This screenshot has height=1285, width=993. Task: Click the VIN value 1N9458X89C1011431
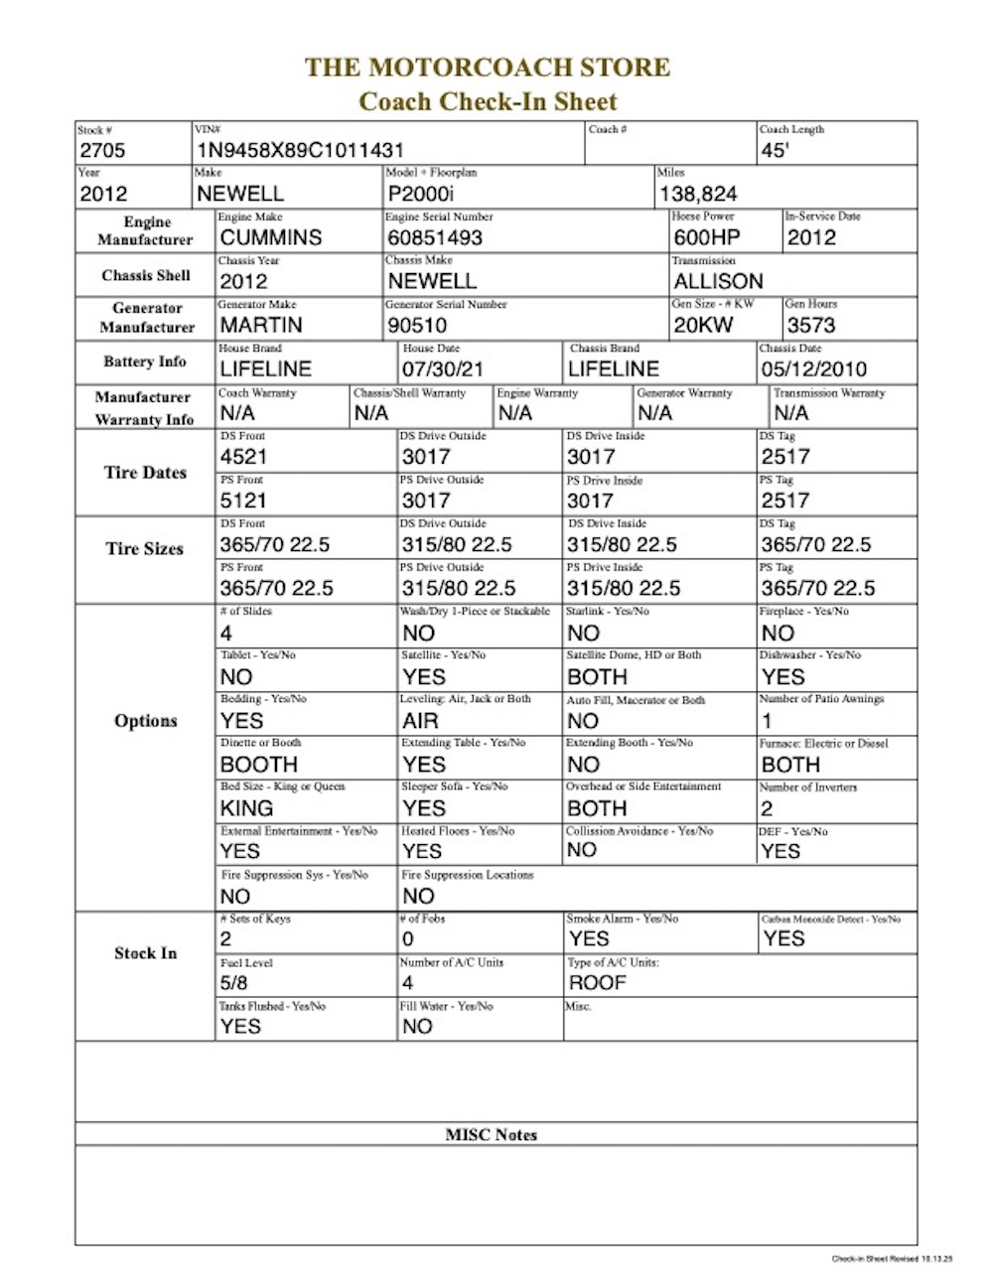300,151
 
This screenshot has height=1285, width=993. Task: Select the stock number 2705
102,151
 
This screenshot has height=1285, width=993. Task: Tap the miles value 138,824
698,195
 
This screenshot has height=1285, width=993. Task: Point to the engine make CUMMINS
271,238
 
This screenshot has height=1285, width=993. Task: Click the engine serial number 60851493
435,238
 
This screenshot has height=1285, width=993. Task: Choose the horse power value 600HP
707,238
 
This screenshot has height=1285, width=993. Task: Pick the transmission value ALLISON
718,282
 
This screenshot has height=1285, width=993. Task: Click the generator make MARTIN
261,326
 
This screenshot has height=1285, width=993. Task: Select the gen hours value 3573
811,326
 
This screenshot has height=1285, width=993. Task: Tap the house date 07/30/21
443,369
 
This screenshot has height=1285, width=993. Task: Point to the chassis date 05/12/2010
813,369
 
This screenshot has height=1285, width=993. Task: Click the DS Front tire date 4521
243,457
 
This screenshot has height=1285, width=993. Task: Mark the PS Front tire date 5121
243,500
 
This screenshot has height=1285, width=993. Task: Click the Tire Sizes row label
145,548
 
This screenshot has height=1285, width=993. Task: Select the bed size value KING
246,808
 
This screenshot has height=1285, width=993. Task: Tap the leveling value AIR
420,721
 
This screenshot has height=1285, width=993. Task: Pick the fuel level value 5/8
234,983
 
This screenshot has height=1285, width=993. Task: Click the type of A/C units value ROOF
597,983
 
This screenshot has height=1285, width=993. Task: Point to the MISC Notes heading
492,1135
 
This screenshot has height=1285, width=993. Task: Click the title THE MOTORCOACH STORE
488,68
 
